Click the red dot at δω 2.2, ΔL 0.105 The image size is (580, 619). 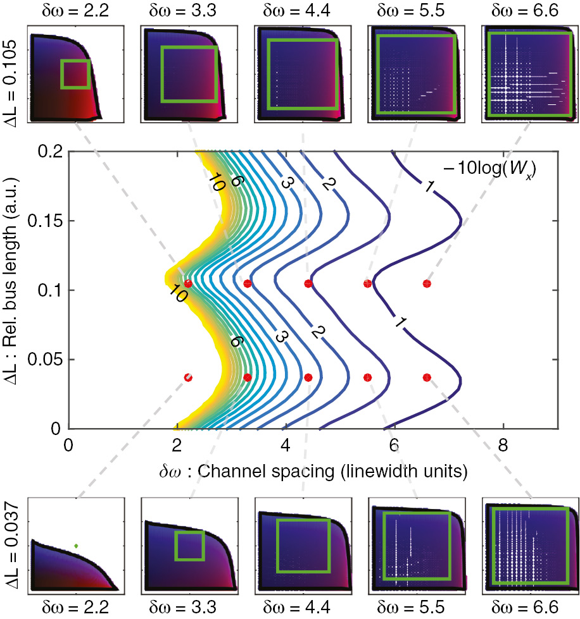click(x=187, y=284)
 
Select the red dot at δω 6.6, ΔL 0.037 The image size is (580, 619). click(x=427, y=377)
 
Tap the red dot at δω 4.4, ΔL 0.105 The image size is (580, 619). click(x=308, y=283)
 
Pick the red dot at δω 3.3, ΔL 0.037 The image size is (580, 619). click(x=248, y=377)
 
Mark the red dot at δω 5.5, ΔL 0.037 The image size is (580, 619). click(x=367, y=377)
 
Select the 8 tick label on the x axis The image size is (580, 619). click(x=503, y=444)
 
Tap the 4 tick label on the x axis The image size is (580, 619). click(x=286, y=444)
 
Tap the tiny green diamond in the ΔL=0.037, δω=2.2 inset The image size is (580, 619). click(x=76, y=545)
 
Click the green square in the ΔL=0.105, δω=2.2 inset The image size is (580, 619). click(x=75, y=74)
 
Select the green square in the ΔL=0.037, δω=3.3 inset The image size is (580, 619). click(x=189, y=546)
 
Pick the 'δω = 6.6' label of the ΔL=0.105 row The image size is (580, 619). click(x=529, y=10)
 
